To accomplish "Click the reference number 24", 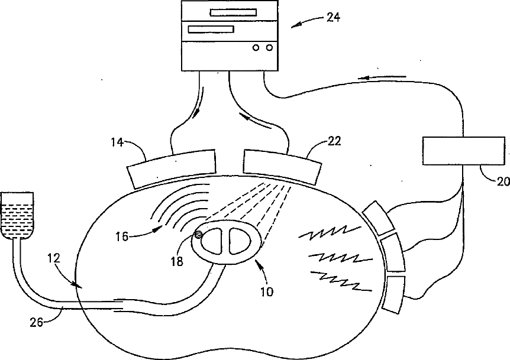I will [x=333, y=17].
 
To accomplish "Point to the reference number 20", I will [x=502, y=182].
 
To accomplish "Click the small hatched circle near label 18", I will [x=199, y=235].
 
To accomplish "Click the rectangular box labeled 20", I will [x=463, y=150].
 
